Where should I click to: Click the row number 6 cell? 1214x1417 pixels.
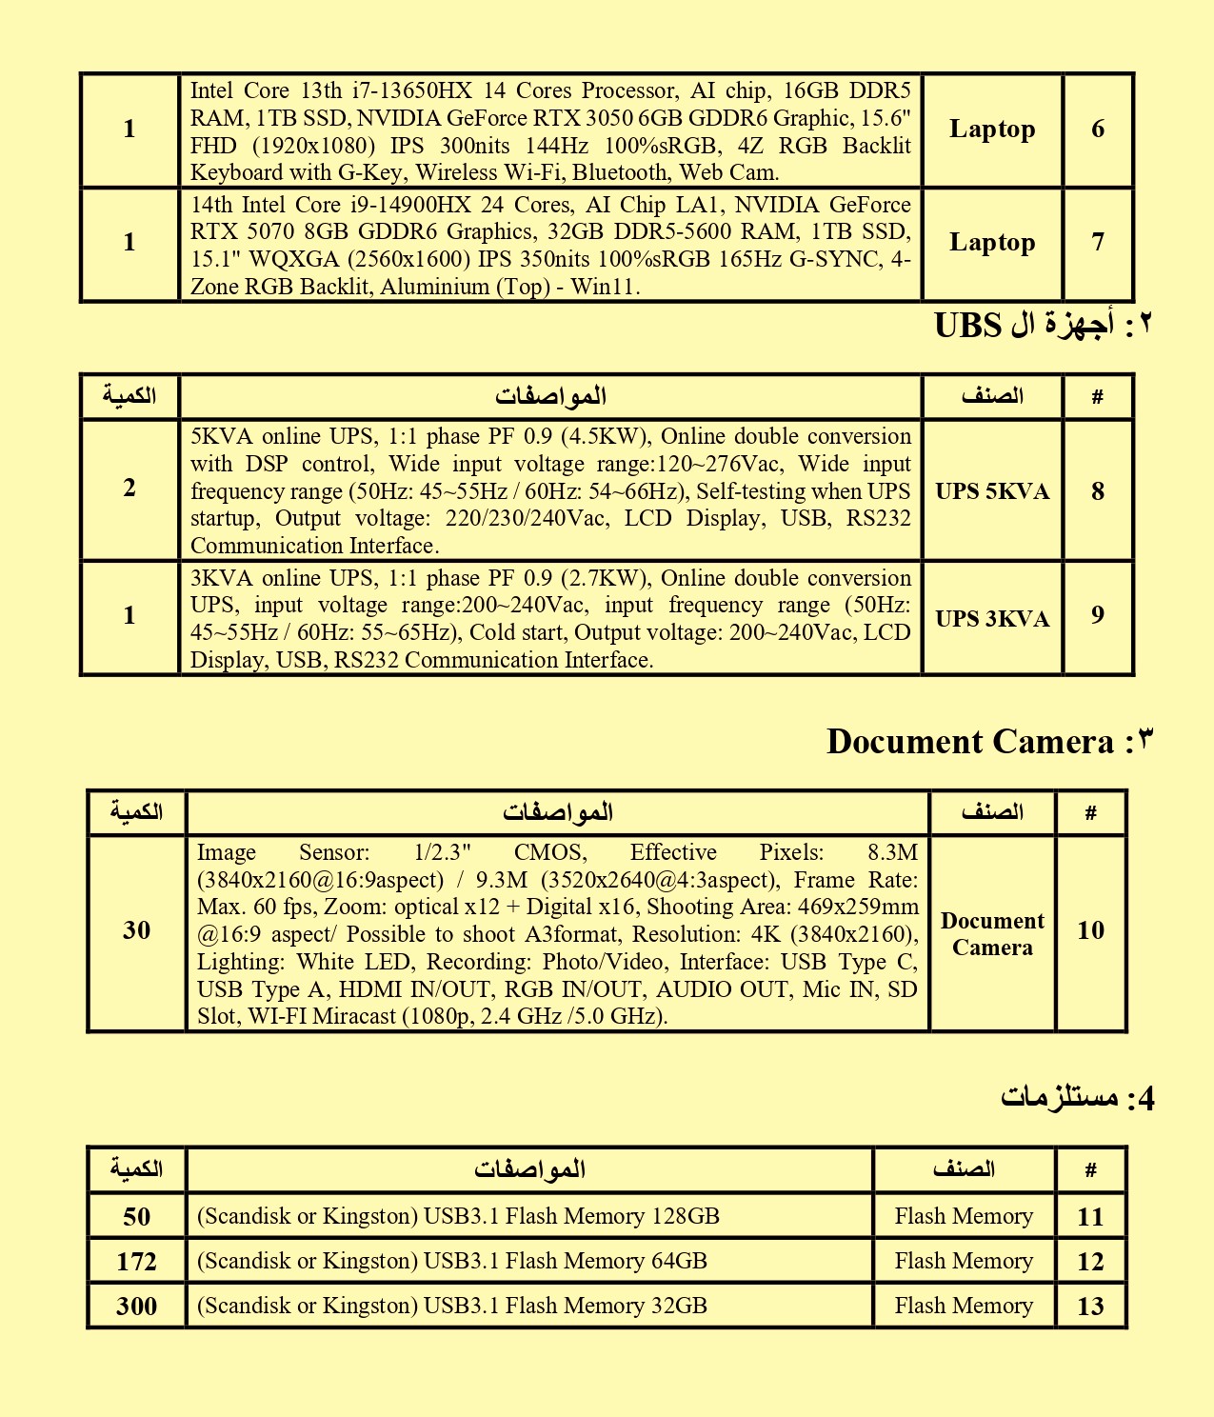(1098, 130)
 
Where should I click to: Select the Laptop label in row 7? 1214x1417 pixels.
(992, 243)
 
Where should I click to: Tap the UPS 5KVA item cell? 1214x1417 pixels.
(992, 491)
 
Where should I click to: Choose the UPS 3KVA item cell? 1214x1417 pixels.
(992, 619)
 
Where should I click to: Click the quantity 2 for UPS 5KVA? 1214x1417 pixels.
(129, 489)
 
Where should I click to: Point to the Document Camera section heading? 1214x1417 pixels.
(969, 742)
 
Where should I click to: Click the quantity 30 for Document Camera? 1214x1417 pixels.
(136, 931)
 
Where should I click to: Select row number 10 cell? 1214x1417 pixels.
(1090, 931)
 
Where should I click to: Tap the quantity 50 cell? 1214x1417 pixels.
(136, 1217)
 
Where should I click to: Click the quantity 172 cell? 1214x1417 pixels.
(136, 1262)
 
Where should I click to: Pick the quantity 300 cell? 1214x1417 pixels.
(136, 1307)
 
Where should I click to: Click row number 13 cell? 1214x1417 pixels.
(1090, 1307)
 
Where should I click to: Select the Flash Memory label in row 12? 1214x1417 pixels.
(964, 1262)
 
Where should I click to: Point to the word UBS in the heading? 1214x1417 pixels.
(967, 327)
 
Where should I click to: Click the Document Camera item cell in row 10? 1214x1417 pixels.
(992, 934)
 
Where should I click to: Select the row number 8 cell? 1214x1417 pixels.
(1098, 491)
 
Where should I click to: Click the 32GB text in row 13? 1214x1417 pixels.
(679, 1307)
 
